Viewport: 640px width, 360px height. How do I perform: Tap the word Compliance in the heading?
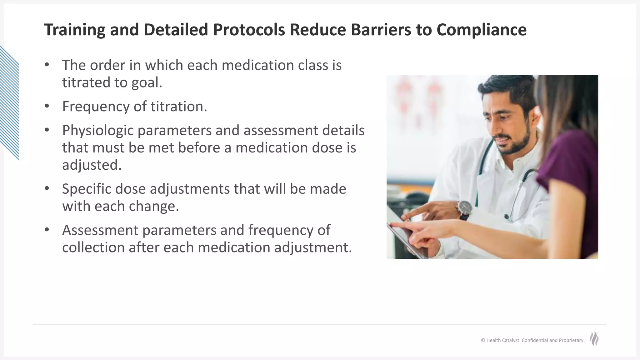point(481,30)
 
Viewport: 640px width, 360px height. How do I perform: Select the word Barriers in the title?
point(381,30)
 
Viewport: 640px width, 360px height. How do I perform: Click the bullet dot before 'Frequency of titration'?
point(47,106)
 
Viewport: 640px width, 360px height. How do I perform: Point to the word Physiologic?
point(97,131)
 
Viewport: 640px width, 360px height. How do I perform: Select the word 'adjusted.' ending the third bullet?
point(92,165)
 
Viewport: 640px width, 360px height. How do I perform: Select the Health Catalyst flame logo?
point(594,339)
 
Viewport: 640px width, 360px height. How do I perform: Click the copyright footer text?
point(532,340)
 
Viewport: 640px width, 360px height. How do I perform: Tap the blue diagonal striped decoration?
point(9,103)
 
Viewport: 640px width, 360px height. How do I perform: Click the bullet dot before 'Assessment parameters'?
point(47,230)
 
